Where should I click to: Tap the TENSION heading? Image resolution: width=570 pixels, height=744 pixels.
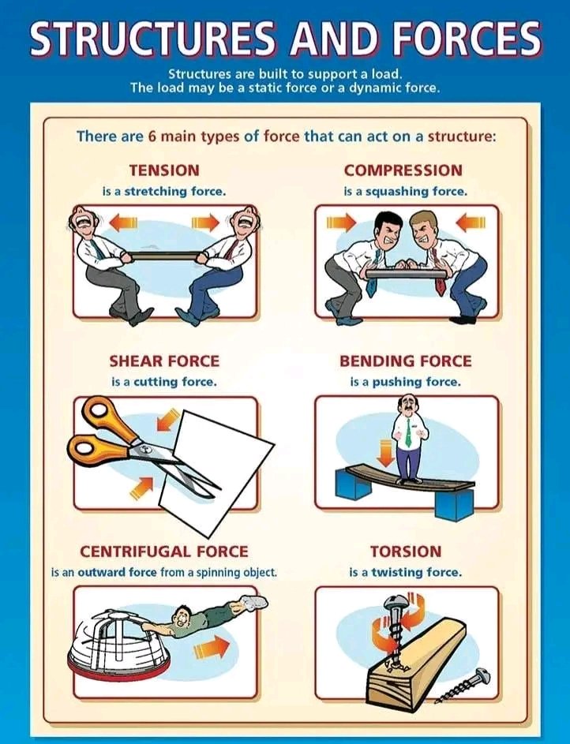pos(164,170)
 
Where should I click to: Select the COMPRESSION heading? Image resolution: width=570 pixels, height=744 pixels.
pos(403,170)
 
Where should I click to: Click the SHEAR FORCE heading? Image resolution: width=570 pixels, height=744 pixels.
pos(164,361)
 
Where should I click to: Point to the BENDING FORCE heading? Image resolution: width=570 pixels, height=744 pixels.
pos(405,361)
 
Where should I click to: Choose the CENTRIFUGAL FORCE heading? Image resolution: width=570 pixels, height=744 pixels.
pos(164,551)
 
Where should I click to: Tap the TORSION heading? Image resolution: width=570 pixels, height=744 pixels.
pos(406,551)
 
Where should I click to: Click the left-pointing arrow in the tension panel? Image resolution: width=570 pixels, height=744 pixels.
pos(123,223)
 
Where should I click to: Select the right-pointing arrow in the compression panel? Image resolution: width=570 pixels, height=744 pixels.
pos(342,223)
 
